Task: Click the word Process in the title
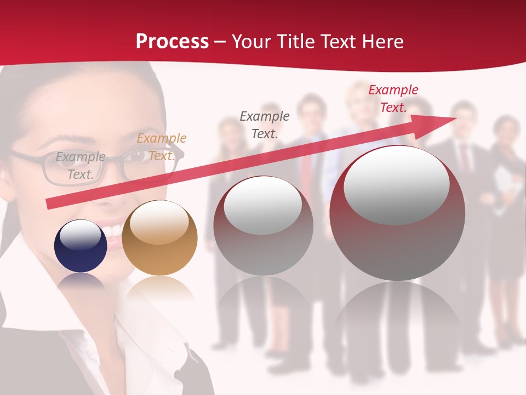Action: coord(172,42)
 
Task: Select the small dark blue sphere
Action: coord(81,246)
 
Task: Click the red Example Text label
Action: coord(393,99)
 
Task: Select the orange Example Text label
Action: coord(161,147)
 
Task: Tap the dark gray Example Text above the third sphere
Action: coord(265,125)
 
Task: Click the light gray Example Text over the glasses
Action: coord(81,166)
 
